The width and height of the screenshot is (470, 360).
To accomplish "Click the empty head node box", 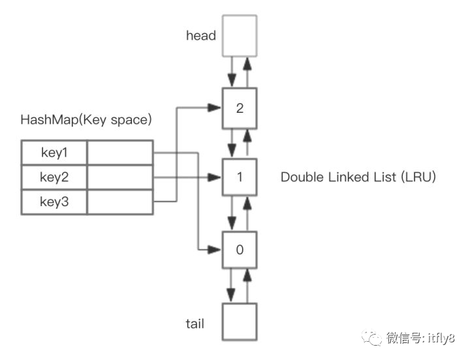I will coord(240,35).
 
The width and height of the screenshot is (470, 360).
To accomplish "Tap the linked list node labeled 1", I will coord(240,177).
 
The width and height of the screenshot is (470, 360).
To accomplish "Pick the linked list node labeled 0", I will coord(240,249).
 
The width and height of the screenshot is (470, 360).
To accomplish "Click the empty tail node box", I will coord(240,323).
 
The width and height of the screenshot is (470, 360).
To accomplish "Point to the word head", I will coord(200,36).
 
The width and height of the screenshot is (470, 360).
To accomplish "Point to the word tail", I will coord(195,323).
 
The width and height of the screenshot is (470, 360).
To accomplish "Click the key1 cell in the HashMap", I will coord(54,153).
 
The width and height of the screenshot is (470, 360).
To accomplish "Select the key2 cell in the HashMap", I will coord(54,177).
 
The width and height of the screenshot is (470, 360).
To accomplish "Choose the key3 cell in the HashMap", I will coord(54,202).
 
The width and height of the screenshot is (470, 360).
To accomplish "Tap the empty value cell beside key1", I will coord(119,153).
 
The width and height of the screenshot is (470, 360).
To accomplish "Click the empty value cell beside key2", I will coord(119,177).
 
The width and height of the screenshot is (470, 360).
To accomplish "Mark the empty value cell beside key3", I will coord(119,202).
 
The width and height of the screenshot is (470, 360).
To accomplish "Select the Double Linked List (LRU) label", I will coord(358,177).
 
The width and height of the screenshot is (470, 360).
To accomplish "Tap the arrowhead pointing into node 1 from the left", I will coord(215,177).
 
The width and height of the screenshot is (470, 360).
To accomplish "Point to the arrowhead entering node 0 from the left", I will coord(215,249).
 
